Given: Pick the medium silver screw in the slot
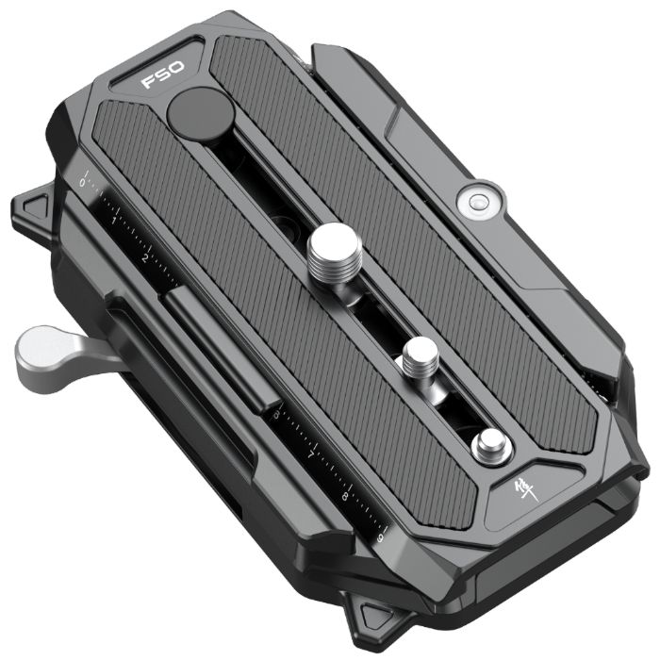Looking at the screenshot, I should tap(417, 360).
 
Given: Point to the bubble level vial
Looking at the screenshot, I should tap(474, 200).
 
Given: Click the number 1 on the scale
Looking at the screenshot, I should tap(115, 219).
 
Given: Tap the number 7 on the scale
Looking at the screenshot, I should tap(312, 454).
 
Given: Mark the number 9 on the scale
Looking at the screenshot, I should tap(378, 534).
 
